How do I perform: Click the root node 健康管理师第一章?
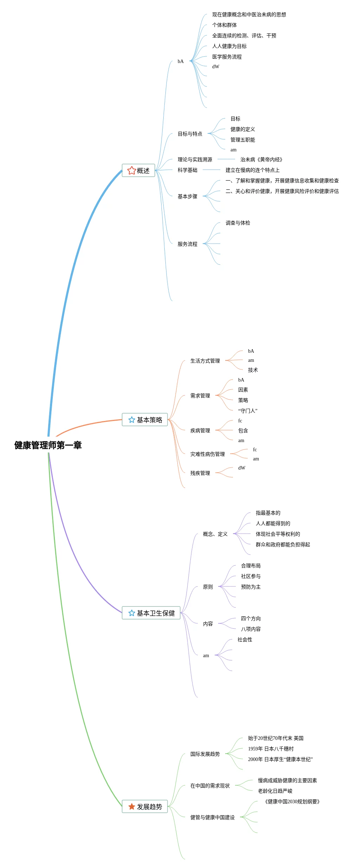[x=48, y=445]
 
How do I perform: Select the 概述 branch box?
[x=138, y=171]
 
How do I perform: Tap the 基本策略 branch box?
[x=145, y=420]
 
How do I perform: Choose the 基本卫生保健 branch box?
[x=151, y=613]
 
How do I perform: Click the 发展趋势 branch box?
[x=145, y=807]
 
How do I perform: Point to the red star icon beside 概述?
[x=132, y=171]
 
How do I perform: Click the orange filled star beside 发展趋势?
[x=132, y=807]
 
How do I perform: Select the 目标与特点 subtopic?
[x=190, y=134]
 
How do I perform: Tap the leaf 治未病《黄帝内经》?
[x=261, y=159]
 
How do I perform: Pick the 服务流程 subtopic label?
[x=187, y=244]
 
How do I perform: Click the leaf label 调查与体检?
[x=238, y=223]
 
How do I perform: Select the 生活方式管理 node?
[x=205, y=361]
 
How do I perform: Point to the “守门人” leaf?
[x=247, y=411]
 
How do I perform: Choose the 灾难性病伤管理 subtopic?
[x=207, y=454]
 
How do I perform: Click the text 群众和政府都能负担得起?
[x=283, y=545]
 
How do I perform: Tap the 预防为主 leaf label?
[x=251, y=587]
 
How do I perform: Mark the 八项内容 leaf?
[x=251, y=629]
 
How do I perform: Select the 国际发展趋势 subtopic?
[x=205, y=754]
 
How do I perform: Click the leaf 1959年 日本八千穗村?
[x=271, y=749]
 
